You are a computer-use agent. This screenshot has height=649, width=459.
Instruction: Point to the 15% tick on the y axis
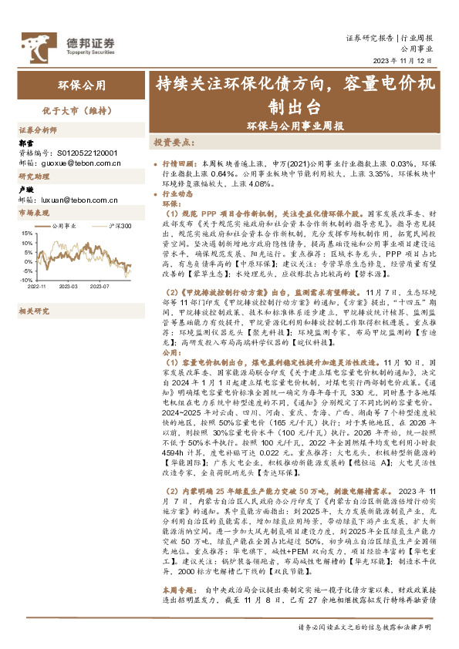(27, 232)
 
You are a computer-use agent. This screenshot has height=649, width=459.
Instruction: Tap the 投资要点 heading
(175, 143)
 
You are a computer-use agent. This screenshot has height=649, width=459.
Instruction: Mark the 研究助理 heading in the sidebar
(33, 177)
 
